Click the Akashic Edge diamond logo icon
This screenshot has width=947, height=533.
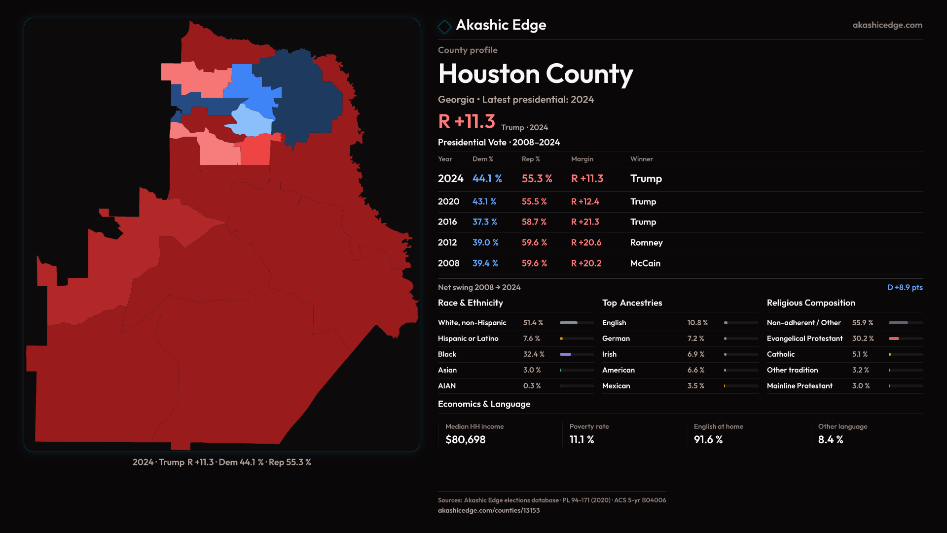(x=444, y=27)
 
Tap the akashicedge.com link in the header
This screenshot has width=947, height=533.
(x=887, y=25)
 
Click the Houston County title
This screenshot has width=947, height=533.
(x=535, y=74)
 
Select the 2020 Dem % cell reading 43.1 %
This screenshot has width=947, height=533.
(x=484, y=202)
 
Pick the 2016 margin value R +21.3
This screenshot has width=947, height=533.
(x=585, y=222)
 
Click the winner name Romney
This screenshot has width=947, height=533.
(x=646, y=243)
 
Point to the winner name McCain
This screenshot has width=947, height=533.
(x=645, y=264)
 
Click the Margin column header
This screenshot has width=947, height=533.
(x=582, y=159)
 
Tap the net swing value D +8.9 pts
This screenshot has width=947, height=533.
(x=905, y=287)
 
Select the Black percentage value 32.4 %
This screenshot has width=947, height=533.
(x=533, y=354)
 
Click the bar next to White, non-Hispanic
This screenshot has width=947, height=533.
(x=576, y=323)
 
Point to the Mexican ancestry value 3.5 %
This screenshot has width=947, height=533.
(x=695, y=386)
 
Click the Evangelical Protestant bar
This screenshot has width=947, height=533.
(x=905, y=339)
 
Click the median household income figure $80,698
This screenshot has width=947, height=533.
(x=465, y=440)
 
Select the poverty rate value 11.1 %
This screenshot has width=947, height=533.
(x=582, y=440)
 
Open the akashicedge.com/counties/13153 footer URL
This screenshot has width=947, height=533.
(x=488, y=510)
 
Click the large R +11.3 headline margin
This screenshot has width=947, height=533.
(x=466, y=121)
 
